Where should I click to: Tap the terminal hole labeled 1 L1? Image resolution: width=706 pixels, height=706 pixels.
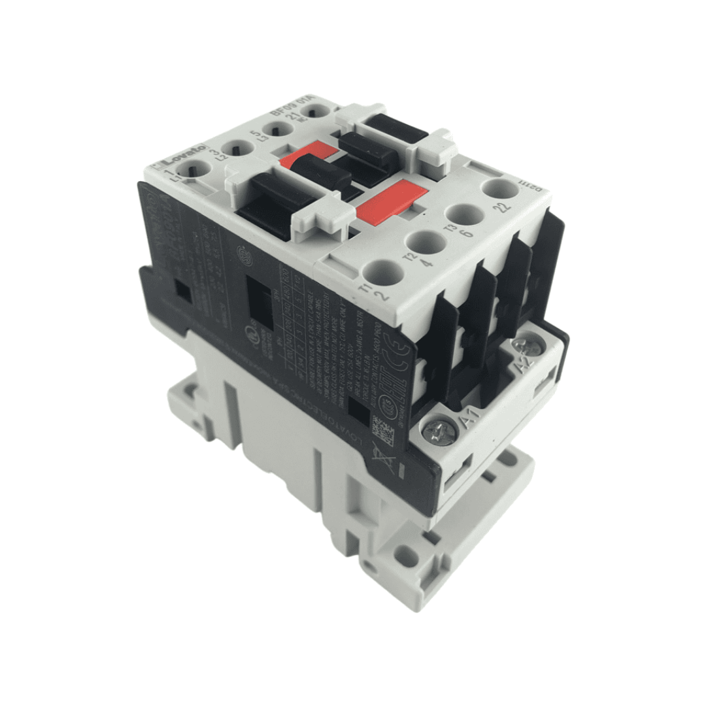tap(195, 172)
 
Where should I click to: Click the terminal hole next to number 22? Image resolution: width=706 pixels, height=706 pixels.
tap(501, 190)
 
